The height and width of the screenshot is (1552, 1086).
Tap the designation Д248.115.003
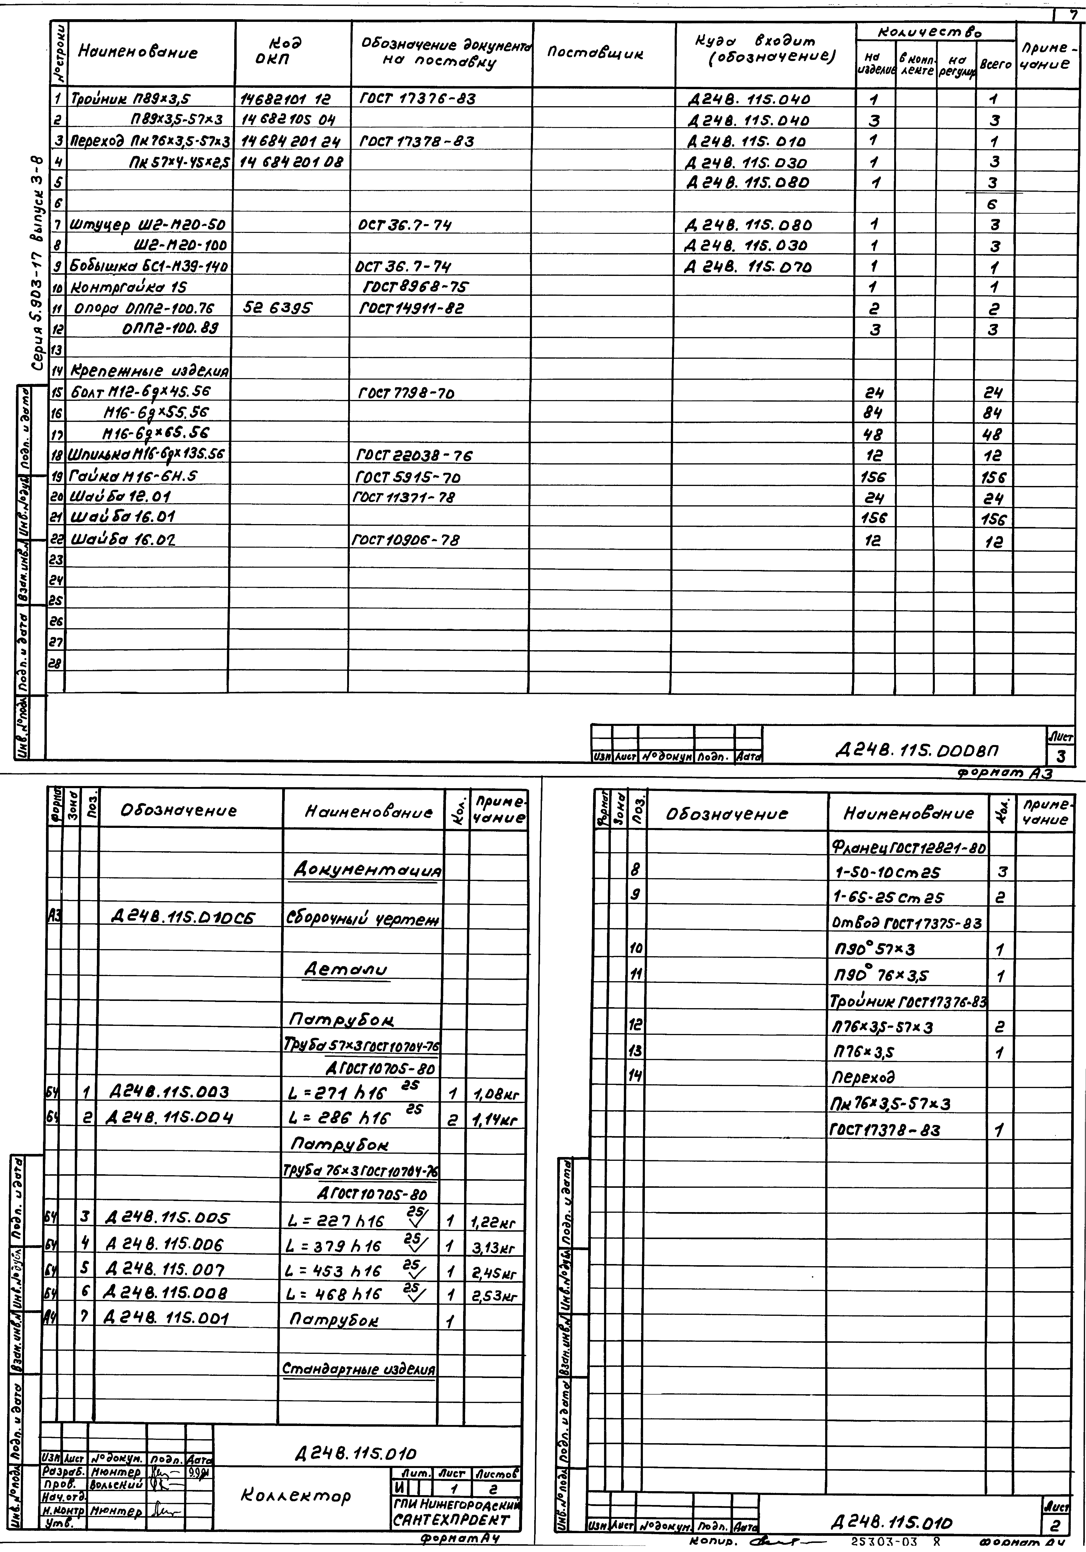[168, 1092]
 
